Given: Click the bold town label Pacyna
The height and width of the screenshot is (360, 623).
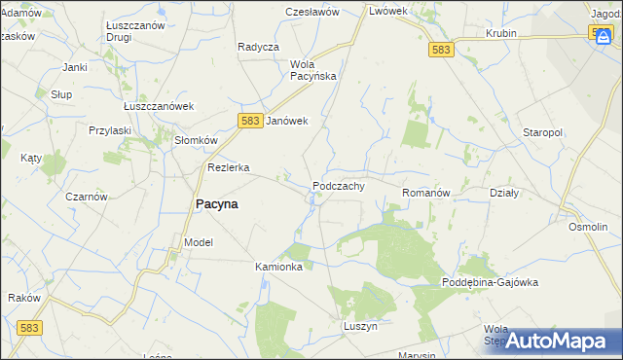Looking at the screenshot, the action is pos(211,204).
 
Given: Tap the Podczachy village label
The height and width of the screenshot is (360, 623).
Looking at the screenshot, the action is pos(338,186).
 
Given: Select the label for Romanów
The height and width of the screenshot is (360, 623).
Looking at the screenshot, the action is pos(425,194).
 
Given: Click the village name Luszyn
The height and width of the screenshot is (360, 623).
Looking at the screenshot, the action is pos(359,327).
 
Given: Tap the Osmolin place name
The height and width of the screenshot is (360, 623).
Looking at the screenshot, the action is pos(588,226).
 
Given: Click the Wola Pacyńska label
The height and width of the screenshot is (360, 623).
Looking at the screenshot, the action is pos(312,70).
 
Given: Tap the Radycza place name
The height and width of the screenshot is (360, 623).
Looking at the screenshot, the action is pos(258,47).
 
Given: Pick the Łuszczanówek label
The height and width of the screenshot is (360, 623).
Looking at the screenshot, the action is pos(160,107).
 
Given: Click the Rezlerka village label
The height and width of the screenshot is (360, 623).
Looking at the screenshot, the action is pos(228,167).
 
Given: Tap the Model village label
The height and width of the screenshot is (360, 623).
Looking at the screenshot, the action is pos(198,242).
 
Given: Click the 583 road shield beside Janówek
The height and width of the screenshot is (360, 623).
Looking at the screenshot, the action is pos(249,120).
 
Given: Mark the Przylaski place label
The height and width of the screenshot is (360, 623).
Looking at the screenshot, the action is pos(109,130).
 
